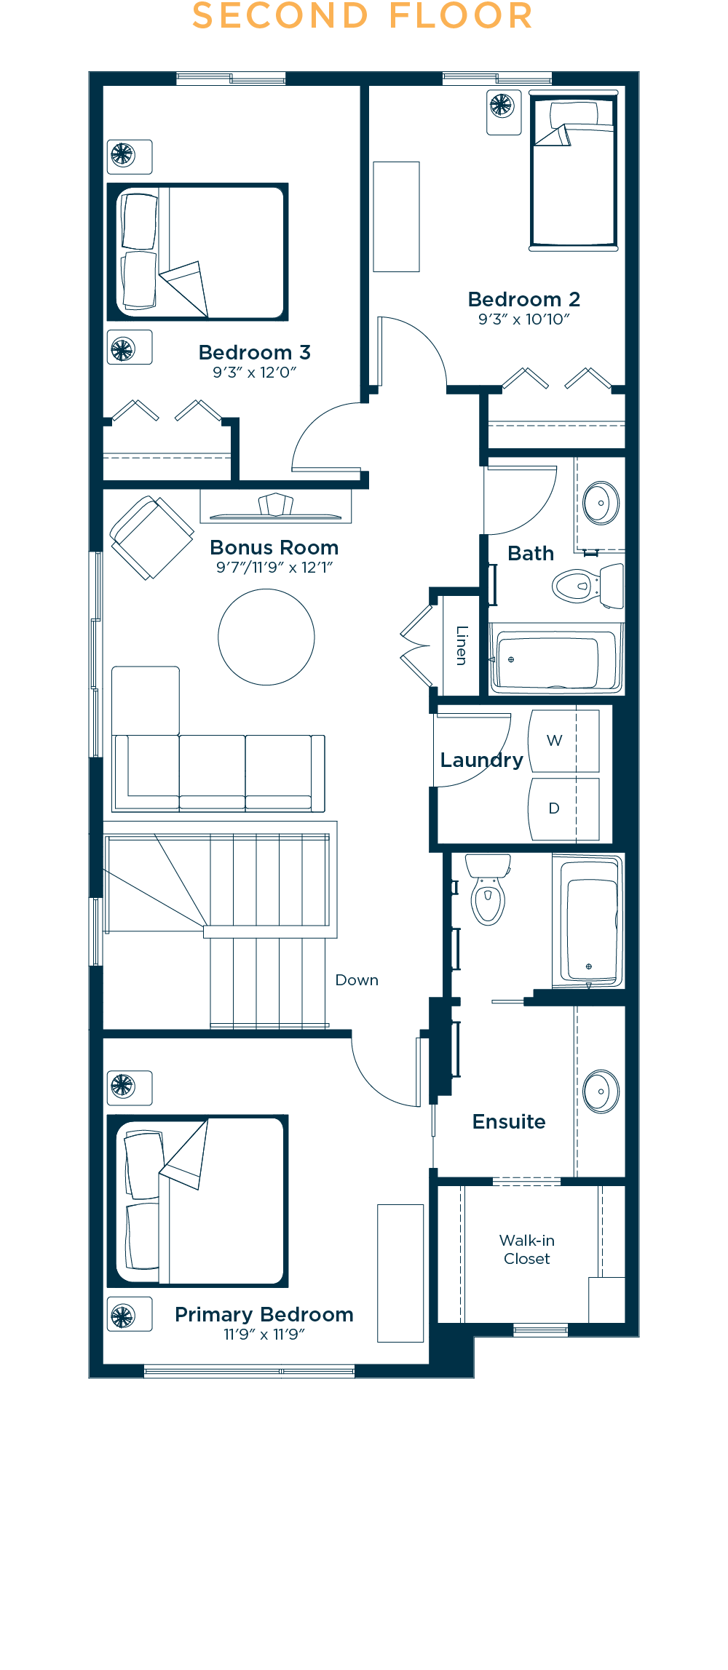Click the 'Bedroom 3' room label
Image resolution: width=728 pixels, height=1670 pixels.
[255, 353]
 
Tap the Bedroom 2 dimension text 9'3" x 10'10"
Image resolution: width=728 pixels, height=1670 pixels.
[524, 319]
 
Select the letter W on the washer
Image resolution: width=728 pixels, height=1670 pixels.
[555, 741]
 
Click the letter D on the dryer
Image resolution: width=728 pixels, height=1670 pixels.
[554, 808]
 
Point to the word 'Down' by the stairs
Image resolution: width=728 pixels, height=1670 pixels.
[357, 980]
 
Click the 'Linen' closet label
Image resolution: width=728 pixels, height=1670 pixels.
[462, 645]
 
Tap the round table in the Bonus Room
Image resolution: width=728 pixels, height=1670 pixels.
[266, 637]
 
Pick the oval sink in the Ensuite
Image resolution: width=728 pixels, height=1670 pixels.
[601, 1092]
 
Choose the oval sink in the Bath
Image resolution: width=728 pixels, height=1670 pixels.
[601, 503]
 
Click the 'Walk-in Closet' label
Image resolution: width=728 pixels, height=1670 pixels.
[527, 1249]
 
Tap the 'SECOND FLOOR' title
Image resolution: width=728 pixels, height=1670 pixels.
[363, 16]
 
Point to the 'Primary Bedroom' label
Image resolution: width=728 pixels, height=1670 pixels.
[264, 1314]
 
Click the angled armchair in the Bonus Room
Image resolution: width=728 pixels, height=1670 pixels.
[151, 538]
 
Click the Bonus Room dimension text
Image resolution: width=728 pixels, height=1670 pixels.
[274, 568]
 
